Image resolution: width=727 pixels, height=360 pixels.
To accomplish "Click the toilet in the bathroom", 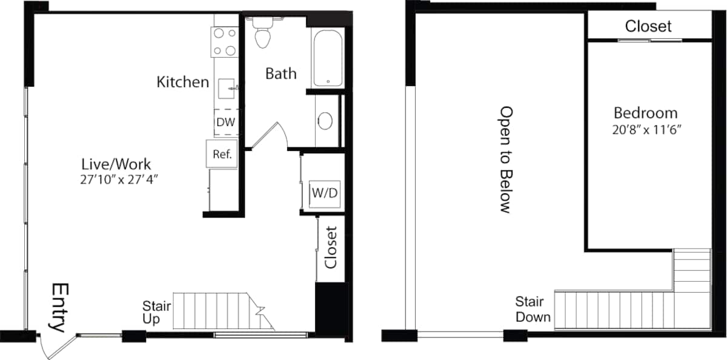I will [x=262, y=34].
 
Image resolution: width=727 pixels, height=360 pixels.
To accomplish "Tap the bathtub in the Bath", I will [x=328, y=58].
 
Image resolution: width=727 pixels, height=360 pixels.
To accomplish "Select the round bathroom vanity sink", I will [x=325, y=121].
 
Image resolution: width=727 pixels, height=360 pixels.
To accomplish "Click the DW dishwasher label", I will [x=225, y=122].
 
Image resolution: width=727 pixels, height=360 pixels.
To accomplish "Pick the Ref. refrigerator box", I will [x=221, y=154].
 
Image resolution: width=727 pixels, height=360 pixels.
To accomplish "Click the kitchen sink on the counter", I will [x=227, y=88].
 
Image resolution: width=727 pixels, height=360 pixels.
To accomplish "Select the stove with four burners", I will [x=225, y=42].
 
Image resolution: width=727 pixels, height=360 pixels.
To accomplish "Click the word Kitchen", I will [x=182, y=82].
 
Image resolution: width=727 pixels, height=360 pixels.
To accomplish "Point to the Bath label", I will [x=281, y=73].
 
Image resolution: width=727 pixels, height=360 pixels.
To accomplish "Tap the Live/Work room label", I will [x=116, y=164].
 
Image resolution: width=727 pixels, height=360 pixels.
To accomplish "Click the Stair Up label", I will [x=156, y=312].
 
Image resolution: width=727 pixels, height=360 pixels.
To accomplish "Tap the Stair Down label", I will [x=533, y=309].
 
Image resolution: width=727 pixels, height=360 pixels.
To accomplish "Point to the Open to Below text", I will [x=505, y=159].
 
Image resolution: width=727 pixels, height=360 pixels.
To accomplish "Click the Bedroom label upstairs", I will [x=645, y=113].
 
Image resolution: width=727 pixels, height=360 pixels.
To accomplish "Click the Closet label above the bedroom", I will [x=648, y=26].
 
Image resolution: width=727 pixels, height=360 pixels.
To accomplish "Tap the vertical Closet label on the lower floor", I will [x=331, y=247].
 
